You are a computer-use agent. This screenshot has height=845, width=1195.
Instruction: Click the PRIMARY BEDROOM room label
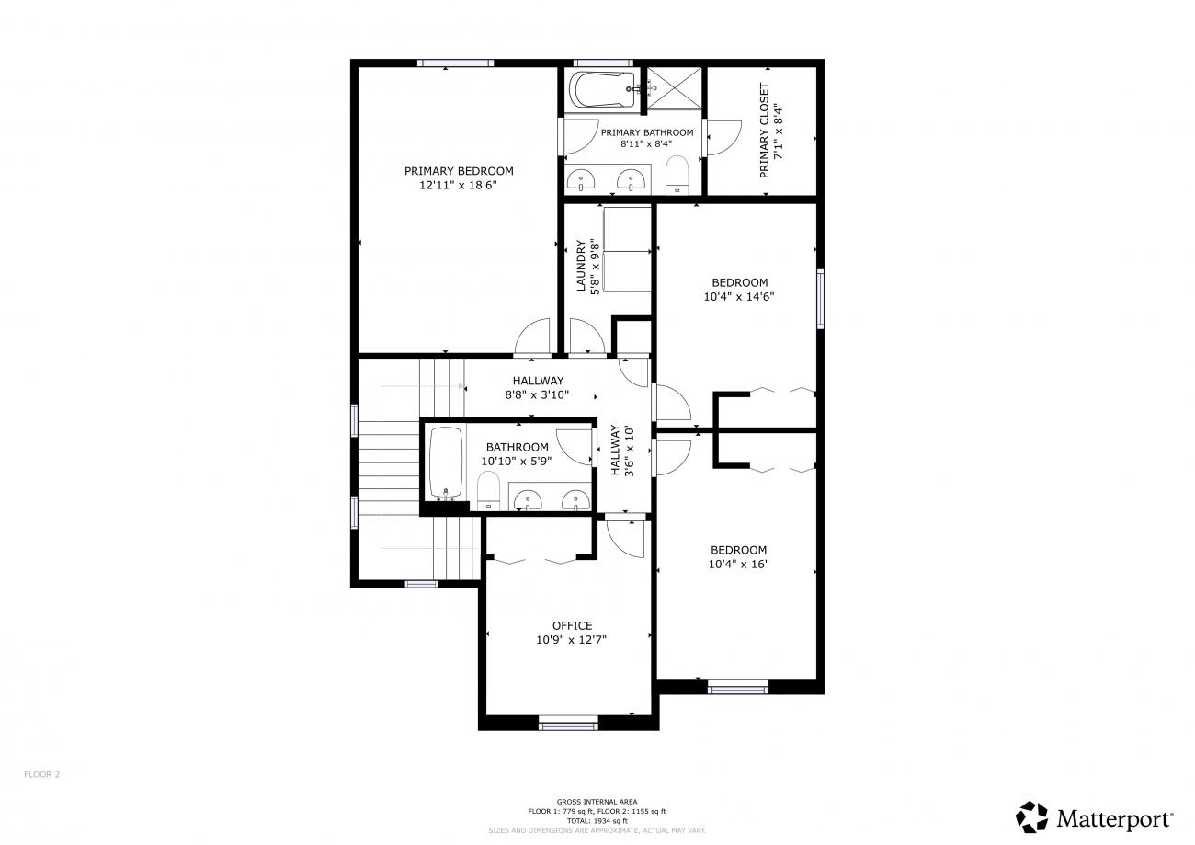click(459, 171)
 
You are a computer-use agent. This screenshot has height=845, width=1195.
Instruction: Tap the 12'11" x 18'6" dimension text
click(459, 186)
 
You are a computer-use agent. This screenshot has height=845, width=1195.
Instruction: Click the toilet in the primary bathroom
click(677, 176)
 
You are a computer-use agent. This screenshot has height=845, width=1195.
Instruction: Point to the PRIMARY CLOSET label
click(764, 131)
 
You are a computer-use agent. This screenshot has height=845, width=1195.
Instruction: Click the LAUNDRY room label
click(581, 266)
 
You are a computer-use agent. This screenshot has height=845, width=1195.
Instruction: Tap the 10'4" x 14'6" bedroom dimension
click(739, 297)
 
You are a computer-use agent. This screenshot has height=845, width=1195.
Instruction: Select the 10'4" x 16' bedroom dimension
click(738, 565)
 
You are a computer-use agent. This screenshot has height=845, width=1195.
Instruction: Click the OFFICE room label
click(572, 626)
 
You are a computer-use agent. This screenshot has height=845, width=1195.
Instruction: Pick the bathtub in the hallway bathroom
click(446, 463)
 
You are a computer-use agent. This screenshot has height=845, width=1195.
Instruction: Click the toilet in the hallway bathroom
click(487, 491)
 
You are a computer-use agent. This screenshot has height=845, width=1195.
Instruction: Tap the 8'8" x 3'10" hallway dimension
click(537, 395)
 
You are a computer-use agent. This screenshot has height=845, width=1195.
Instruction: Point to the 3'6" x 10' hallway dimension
click(629, 451)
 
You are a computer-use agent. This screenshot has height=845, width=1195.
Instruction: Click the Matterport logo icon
click(1031, 817)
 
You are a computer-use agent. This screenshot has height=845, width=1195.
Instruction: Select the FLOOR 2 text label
click(41, 774)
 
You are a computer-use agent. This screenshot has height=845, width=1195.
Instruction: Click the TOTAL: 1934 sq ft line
click(597, 821)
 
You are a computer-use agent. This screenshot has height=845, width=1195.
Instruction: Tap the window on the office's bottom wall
click(568, 725)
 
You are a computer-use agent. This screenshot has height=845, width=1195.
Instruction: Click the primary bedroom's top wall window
click(455, 63)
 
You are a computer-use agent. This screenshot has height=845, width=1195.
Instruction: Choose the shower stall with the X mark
click(674, 88)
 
